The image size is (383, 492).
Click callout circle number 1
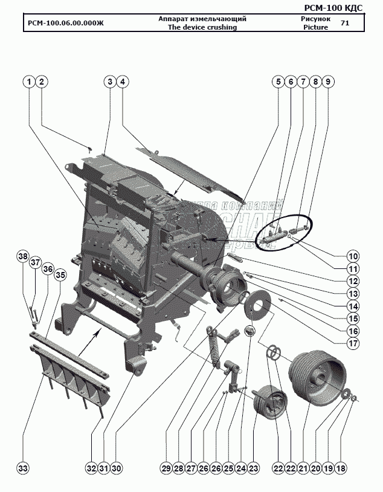click(28, 82)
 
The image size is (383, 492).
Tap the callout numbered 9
click(327, 82)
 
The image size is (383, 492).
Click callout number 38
click(23, 257)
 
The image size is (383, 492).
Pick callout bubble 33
click(23, 468)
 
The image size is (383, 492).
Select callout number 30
click(117, 468)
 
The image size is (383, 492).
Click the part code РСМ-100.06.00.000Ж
click(66, 24)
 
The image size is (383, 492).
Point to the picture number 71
click(344, 24)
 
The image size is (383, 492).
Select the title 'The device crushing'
click(202, 28)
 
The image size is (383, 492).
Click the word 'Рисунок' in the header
click(315, 19)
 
